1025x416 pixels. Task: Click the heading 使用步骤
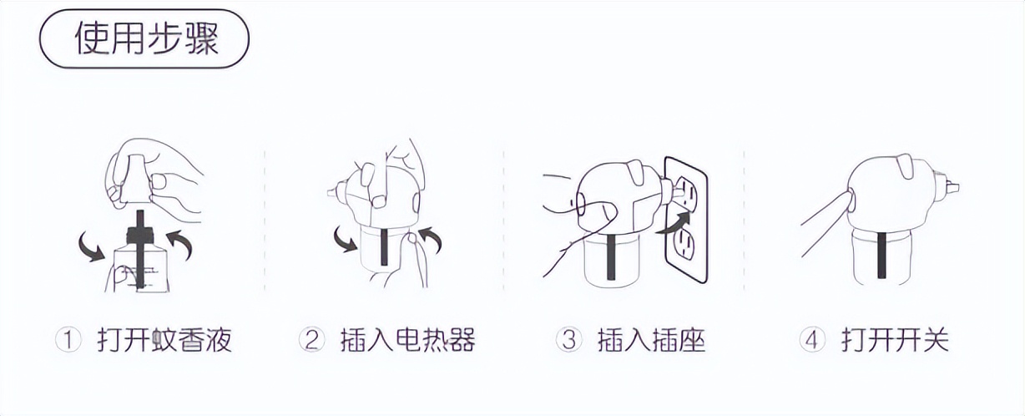pos(146,39)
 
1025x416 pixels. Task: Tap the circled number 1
pos(67,340)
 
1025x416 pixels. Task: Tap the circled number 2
pos(311,340)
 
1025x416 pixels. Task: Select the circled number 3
pos(568,340)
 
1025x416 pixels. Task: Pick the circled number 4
pos(811,340)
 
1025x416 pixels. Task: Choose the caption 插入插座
pos(651,340)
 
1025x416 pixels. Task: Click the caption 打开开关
pos(895,340)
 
